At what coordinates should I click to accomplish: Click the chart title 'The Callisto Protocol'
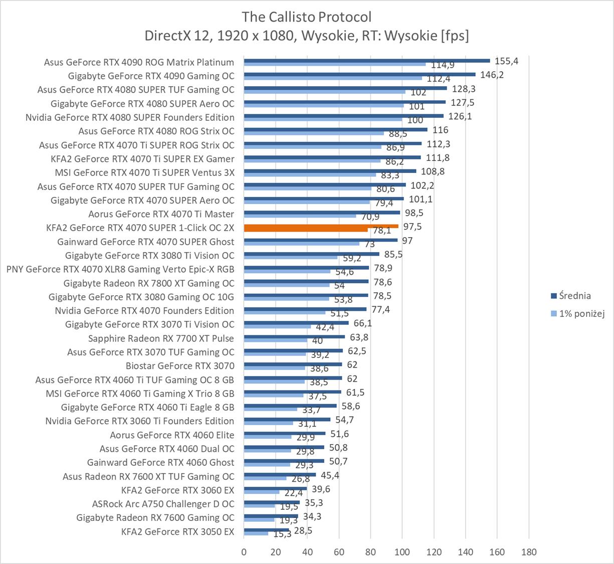306,17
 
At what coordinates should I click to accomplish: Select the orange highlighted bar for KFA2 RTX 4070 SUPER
321,227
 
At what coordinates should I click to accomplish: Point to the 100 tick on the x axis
402,552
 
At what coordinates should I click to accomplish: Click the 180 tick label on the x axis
529,552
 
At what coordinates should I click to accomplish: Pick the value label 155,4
506,61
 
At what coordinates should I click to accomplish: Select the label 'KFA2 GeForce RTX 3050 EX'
177,531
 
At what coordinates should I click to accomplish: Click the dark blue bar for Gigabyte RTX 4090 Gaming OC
359,74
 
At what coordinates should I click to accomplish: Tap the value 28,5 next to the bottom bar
303,530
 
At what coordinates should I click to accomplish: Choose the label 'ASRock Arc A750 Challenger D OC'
163,504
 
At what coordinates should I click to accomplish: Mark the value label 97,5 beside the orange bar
412,227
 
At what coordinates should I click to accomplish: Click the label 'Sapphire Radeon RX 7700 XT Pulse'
161,338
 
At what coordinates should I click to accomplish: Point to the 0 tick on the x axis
244,552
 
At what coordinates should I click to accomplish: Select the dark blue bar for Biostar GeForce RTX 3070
293,364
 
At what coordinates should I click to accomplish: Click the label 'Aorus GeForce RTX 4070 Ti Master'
161,214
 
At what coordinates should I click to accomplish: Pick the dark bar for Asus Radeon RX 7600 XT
280,474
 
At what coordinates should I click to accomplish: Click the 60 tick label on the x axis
339,552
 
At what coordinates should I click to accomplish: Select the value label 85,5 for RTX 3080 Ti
393,254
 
